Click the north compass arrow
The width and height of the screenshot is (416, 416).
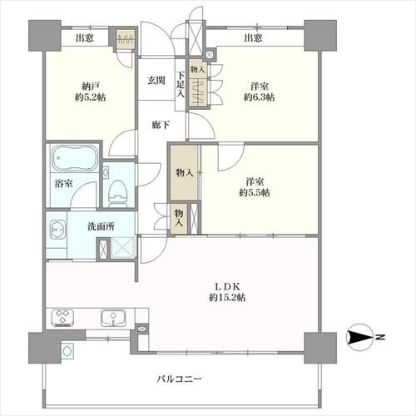360,337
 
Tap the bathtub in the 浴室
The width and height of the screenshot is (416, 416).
75,158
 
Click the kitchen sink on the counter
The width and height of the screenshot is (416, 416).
113,318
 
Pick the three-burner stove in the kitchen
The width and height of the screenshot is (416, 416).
62,318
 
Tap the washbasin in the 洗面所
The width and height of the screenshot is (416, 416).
57,230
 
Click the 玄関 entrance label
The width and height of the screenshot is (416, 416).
156,81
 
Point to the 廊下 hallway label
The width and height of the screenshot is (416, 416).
161,125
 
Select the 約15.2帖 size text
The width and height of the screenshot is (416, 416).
227,298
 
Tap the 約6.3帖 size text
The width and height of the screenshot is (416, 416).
260,97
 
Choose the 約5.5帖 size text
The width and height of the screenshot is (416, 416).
255,192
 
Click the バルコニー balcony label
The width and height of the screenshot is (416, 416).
179,379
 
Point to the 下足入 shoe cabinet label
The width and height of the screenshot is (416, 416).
181,84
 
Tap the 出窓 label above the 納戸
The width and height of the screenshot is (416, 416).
85,37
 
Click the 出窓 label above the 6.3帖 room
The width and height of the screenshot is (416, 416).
253,37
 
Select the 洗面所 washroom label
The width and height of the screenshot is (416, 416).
101,226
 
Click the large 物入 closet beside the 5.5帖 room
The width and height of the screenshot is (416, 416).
184,172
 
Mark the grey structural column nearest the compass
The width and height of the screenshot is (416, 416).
320,348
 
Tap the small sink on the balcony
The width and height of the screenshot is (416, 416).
67,351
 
